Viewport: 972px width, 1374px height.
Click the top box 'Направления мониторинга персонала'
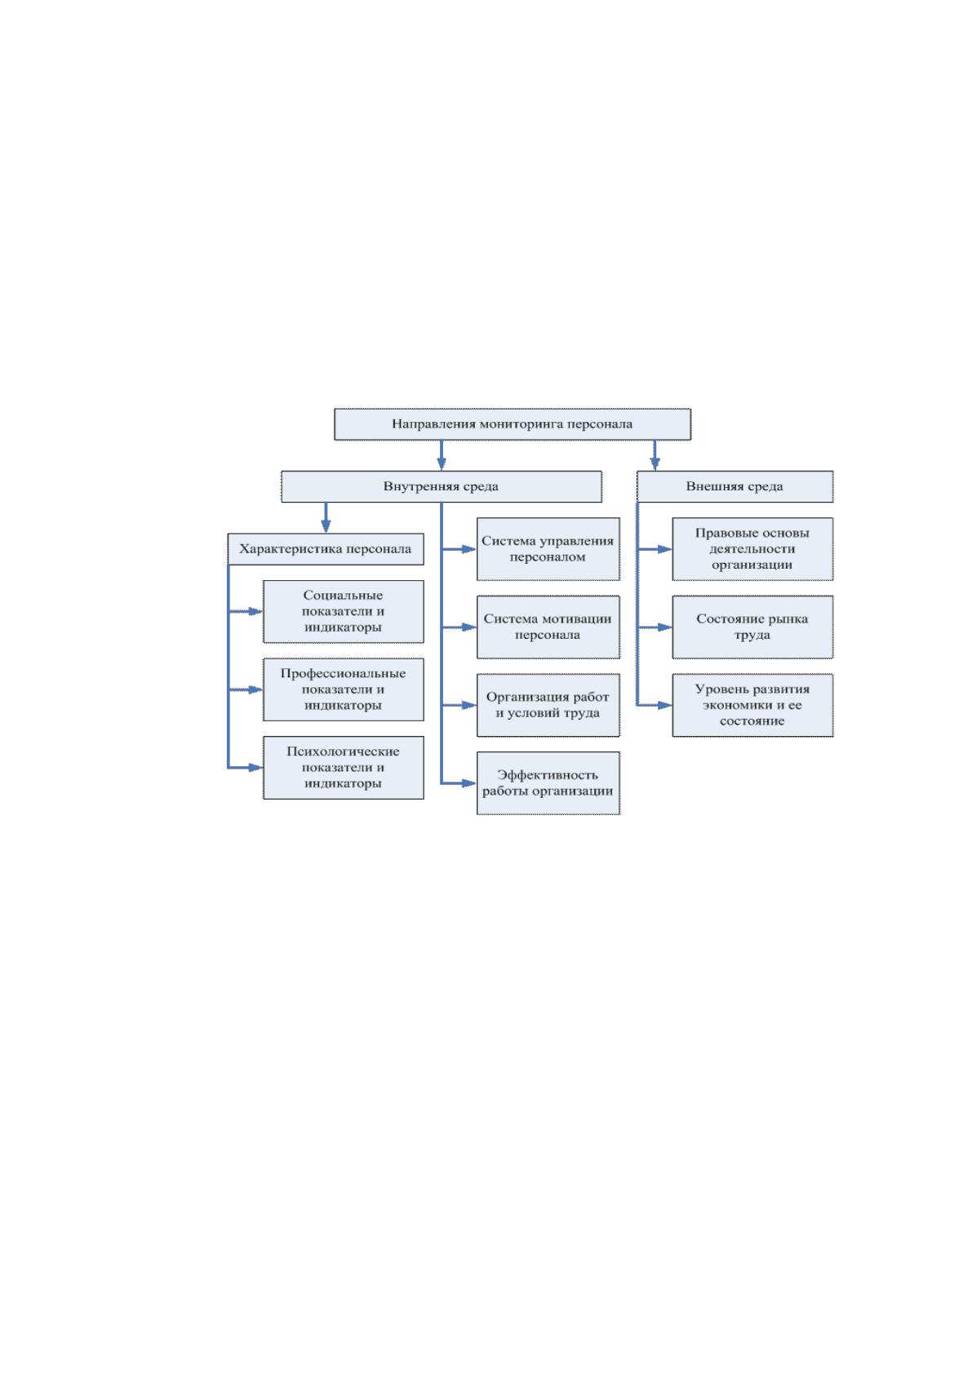(x=512, y=423)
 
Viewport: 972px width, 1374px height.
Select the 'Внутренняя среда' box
(x=442, y=486)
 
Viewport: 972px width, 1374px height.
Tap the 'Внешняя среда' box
(x=735, y=486)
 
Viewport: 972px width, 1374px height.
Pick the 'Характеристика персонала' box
(x=326, y=549)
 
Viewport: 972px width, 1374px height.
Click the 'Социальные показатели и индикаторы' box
(x=343, y=612)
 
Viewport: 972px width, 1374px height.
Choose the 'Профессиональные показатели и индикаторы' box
(x=343, y=689)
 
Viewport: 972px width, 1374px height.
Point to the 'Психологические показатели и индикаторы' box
(x=343, y=767)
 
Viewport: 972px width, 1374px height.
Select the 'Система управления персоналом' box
(x=548, y=549)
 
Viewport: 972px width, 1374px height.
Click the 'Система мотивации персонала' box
(x=548, y=627)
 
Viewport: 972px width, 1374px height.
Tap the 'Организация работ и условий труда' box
(x=548, y=705)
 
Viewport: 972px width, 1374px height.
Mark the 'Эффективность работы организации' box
(x=548, y=782)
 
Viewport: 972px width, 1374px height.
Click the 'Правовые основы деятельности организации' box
(x=752, y=549)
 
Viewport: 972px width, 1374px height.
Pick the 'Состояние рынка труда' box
(x=752, y=627)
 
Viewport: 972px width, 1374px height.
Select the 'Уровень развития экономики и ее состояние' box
(x=752, y=705)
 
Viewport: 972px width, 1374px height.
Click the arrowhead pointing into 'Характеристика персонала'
(x=326, y=526)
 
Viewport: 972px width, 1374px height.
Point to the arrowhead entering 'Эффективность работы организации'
(x=469, y=782)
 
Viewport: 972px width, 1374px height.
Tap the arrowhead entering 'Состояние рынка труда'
(x=665, y=627)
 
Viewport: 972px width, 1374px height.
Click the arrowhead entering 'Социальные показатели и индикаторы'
(x=256, y=612)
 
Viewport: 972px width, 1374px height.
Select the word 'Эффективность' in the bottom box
(x=548, y=775)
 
